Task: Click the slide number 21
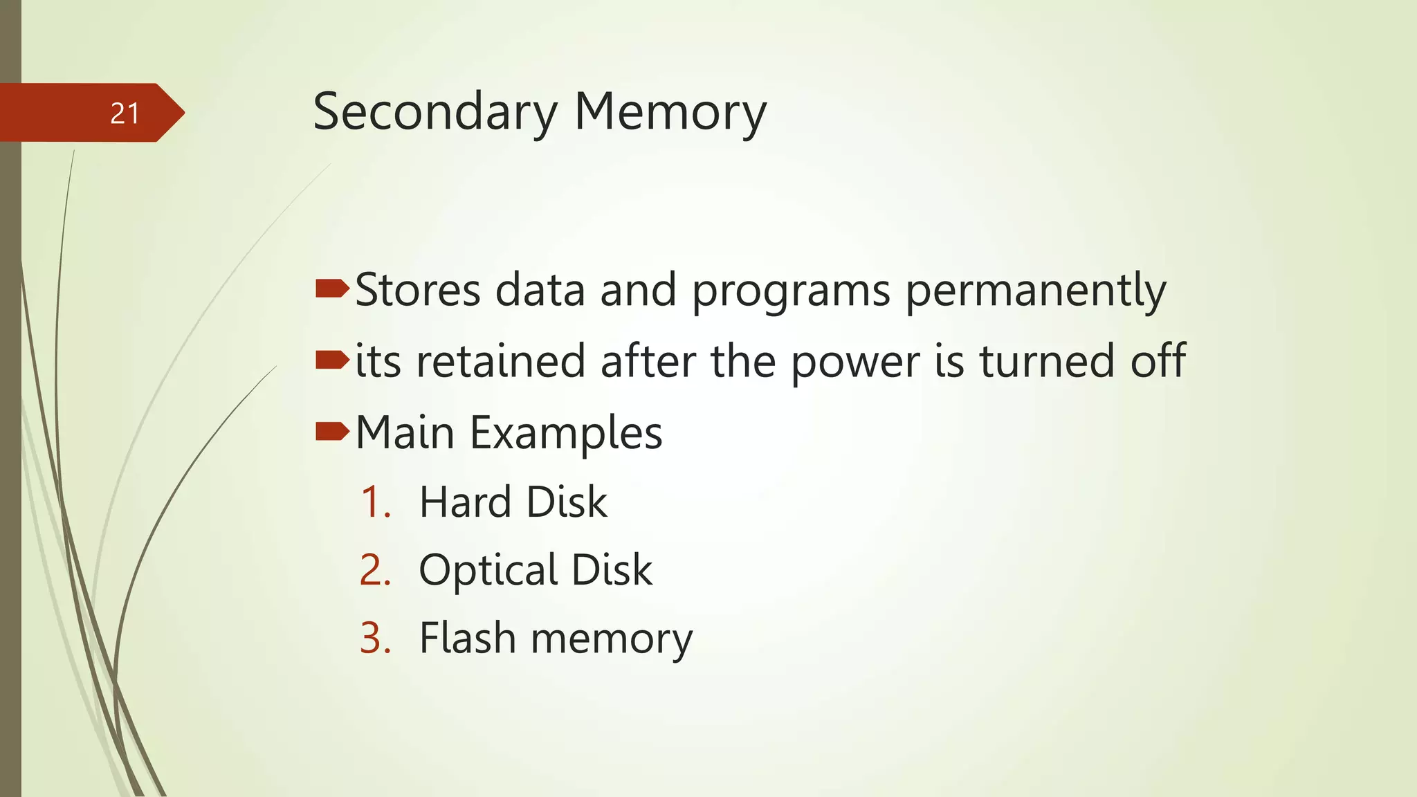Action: click(x=125, y=113)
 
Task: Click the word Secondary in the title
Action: click(x=435, y=112)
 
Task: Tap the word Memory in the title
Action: click(x=670, y=112)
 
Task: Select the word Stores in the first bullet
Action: click(x=418, y=290)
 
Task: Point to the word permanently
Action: click(x=1036, y=291)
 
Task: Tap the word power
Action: click(x=855, y=363)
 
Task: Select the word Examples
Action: click(x=566, y=434)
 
